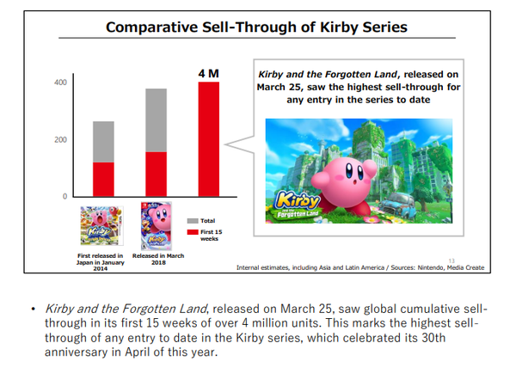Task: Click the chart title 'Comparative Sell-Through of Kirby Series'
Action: click(256, 28)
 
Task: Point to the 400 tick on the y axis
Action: click(60, 83)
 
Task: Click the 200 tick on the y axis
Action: click(60, 139)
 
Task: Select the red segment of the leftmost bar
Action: click(103, 180)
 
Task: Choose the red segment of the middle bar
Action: click(156, 175)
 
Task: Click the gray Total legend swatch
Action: click(192, 221)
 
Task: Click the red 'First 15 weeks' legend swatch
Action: click(192, 232)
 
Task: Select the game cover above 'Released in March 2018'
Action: click(156, 226)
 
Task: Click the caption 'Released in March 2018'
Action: click(155, 259)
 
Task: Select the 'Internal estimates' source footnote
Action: click(359, 267)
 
